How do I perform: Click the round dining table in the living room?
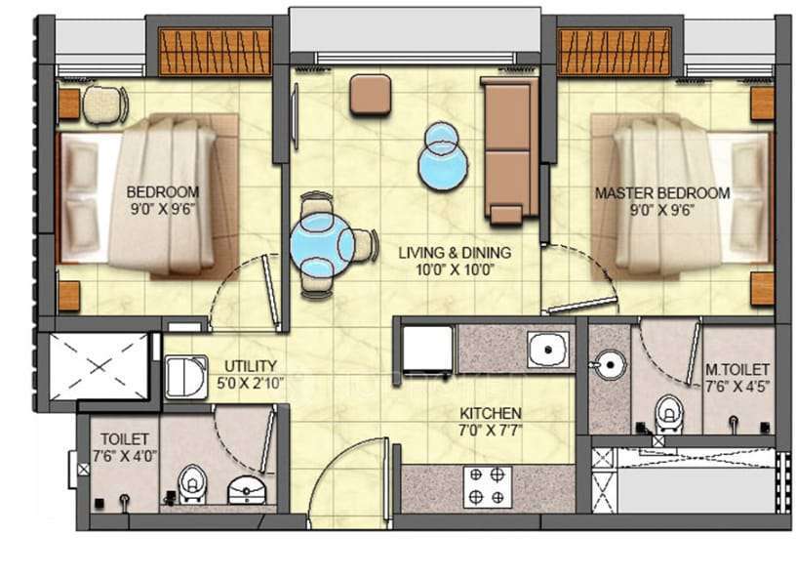tap(323, 243)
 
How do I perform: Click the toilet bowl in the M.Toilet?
tap(668, 411)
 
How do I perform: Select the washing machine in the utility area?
tap(184, 377)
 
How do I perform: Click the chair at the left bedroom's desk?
tap(104, 104)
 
